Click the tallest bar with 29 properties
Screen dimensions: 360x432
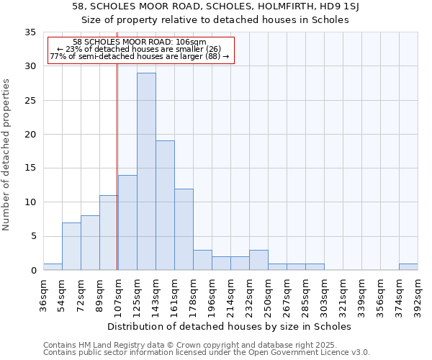pos(146,171)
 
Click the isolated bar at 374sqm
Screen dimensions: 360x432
pos(408,267)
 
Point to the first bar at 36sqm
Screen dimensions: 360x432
pos(53,267)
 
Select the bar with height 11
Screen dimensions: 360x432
pos(109,233)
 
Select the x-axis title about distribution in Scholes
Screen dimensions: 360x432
pos(230,326)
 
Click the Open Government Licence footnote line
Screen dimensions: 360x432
pos(206,353)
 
